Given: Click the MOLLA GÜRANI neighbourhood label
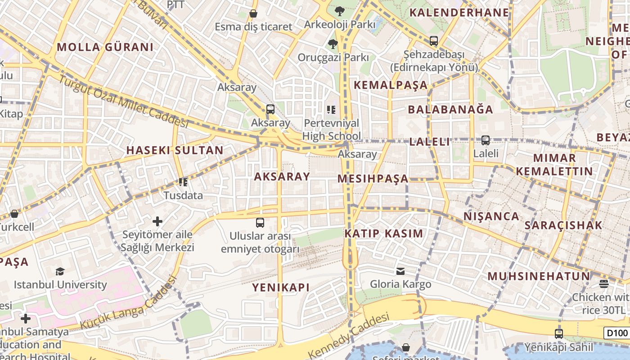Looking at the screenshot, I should [x=105, y=47].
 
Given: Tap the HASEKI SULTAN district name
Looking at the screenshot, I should [x=175, y=150].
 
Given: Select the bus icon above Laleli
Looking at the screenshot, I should [x=485, y=140].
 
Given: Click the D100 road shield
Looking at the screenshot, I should [x=616, y=333].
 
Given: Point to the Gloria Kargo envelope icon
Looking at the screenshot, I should [x=400, y=271].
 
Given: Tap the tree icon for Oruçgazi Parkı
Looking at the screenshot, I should [x=333, y=44].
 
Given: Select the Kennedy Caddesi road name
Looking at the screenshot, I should [x=348, y=335].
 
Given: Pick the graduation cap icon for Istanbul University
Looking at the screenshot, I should [x=60, y=271].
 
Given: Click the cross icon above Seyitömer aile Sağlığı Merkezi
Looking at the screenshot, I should [x=157, y=221].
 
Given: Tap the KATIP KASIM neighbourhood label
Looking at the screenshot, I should [x=384, y=234].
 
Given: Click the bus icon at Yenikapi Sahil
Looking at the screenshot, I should [x=558, y=333].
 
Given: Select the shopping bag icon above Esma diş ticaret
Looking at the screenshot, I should [x=253, y=13].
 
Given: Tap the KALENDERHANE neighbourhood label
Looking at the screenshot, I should [x=459, y=13].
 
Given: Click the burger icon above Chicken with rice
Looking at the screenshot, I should [x=603, y=283].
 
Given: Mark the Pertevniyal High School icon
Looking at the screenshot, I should [x=331, y=109].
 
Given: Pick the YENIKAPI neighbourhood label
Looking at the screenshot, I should [x=281, y=288].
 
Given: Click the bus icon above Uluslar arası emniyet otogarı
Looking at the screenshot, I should [x=260, y=222].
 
